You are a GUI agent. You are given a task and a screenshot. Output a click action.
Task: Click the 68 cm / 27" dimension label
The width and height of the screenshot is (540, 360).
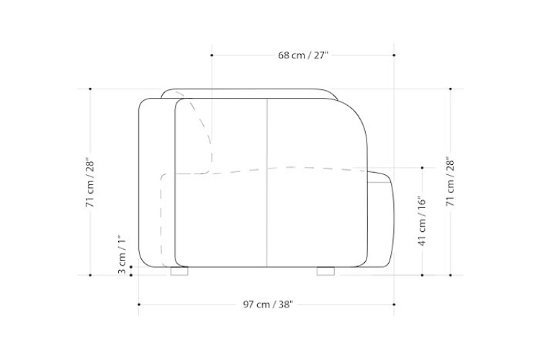pyautogui.click(x=303, y=55)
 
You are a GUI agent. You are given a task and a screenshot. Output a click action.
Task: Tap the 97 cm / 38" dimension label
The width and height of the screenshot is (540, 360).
pyautogui.click(x=268, y=305)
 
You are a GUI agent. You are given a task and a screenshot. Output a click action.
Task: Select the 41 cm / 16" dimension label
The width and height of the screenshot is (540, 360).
pyautogui.click(x=422, y=221)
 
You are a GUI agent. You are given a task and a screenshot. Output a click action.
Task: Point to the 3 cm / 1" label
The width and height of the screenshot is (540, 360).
pyautogui.click(x=122, y=255)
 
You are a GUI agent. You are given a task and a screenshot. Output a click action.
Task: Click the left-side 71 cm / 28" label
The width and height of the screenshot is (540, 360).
pyautogui.click(x=90, y=183)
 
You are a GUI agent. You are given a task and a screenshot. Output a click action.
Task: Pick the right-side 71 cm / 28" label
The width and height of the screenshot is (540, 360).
pyautogui.click(x=451, y=181)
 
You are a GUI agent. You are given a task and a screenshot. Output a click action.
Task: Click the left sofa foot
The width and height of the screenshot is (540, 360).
pyautogui.click(x=179, y=271)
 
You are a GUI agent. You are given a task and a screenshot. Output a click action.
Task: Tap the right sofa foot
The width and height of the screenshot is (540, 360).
pyautogui.click(x=325, y=271)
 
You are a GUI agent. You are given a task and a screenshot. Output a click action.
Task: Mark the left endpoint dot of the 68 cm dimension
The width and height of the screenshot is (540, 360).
pyautogui.click(x=212, y=55)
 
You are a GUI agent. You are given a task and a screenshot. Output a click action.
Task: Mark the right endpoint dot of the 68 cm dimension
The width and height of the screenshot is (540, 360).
pyautogui.click(x=394, y=55)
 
